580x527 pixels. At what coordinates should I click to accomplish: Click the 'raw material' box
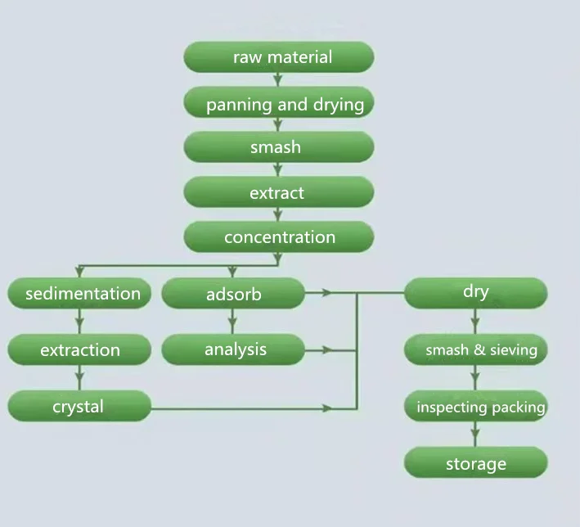pos(279,57)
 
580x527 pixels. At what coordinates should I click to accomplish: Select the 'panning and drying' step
pos(279,104)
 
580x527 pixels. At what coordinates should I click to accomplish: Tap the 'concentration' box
pos(279,237)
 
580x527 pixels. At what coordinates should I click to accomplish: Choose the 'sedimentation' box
pos(80,293)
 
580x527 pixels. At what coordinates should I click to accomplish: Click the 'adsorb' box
pos(233,294)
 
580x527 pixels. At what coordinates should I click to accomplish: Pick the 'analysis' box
pos(233,349)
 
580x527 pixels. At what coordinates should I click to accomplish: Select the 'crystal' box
pos(80,406)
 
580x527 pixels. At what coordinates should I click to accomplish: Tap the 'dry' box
pos(475,292)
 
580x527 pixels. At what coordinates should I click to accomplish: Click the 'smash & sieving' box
pos(475,350)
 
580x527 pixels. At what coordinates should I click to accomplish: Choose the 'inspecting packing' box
pos(475,407)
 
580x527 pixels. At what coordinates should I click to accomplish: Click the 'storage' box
pos(475,464)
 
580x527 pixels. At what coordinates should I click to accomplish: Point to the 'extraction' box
pos(80,350)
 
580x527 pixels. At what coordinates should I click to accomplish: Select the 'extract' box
pos(279,193)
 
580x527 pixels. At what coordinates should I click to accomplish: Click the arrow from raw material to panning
pos(279,79)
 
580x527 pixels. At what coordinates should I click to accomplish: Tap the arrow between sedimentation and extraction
pos(80,322)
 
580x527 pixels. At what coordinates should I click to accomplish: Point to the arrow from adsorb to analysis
pos(233,322)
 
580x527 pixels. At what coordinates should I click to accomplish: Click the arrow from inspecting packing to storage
pos(475,435)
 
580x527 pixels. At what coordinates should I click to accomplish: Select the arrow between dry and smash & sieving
pos(475,322)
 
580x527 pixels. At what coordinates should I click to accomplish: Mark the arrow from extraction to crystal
pos(80,378)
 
